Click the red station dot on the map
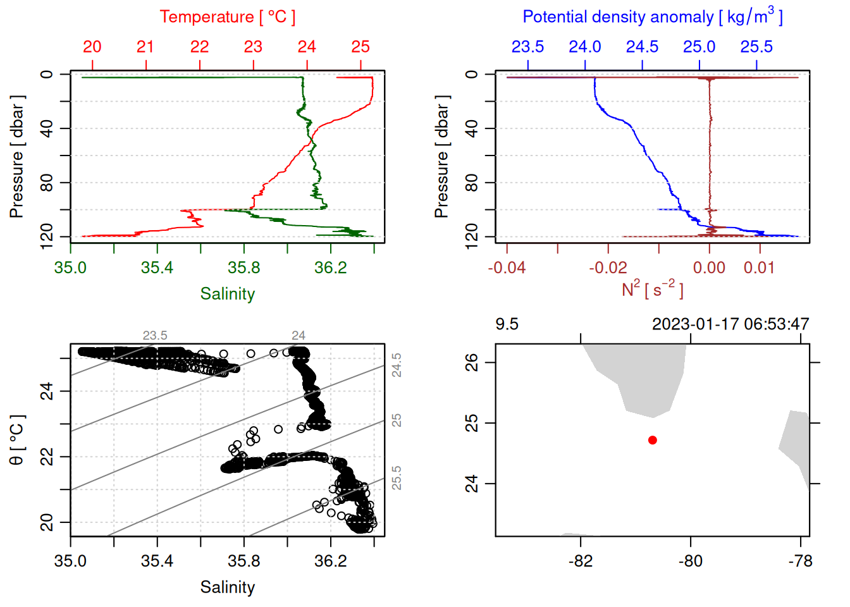point(652,440)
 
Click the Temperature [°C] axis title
point(227,17)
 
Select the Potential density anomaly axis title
point(652,16)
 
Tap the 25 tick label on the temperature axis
point(360,47)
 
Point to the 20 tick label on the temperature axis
point(92,47)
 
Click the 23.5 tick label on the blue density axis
point(527,47)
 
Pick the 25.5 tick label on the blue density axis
point(756,47)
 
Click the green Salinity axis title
point(227,294)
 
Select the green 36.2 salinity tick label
point(331,267)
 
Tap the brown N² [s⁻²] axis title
point(652,290)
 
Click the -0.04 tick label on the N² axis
point(507,267)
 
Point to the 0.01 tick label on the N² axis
point(759,267)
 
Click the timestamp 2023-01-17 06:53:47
point(730,324)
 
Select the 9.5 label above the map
point(507,324)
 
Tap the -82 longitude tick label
point(581,561)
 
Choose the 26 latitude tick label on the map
point(472,362)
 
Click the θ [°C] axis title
point(17,440)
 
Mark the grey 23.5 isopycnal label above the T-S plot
point(155,335)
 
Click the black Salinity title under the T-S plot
point(227,587)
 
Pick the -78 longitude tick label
point(800,561)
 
